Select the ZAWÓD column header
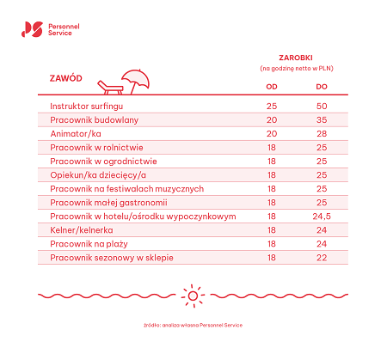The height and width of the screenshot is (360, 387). pyautogui.click(x=65, y=78)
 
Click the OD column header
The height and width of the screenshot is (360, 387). pyautogui.click(x=271, y=86)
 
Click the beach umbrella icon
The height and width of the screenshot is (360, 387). pyautogui.click(x=138, y=80)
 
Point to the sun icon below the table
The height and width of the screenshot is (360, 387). pyautogui.click(x=193, y=297)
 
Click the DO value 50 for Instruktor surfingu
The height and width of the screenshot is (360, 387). pyautogui.click(x=322, y=106)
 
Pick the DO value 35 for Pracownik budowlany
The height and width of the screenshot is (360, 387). pyautogui.click(x=322, y=119)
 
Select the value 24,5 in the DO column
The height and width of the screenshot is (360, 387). pyautogui.click(x=322, y=217)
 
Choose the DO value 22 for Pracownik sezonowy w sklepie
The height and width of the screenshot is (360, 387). pyautogui.click(x=322, y=258)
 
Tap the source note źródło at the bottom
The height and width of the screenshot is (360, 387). pyautogui.click(x=193, y=326)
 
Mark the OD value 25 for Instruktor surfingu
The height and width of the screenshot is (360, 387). pyautogui.click(x=271, y=106)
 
